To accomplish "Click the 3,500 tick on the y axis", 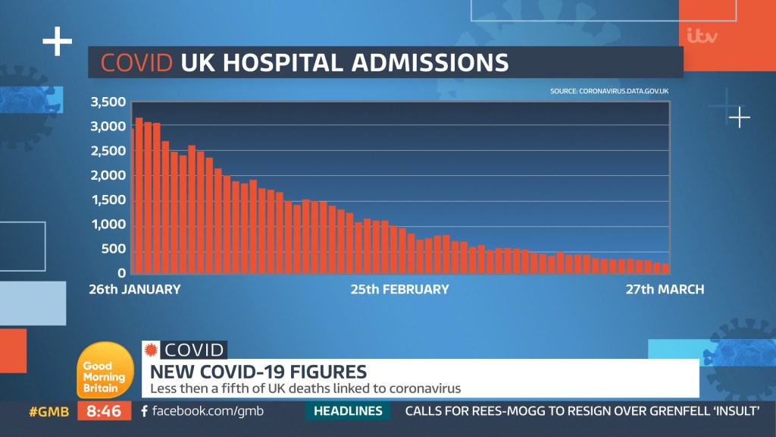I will pos(108,102).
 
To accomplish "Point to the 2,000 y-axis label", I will pos(108,176).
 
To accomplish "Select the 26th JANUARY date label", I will pos(135,289).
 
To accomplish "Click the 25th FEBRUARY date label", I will pos(399,289).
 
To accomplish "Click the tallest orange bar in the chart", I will pos(139,196).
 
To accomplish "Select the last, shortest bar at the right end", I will pos(665,268).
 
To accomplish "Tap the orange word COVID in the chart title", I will pos(137,62).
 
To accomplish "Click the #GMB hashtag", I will pos(49,412).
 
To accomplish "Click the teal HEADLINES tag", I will pos(348,411).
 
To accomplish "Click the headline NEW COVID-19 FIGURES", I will pos(258,372).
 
